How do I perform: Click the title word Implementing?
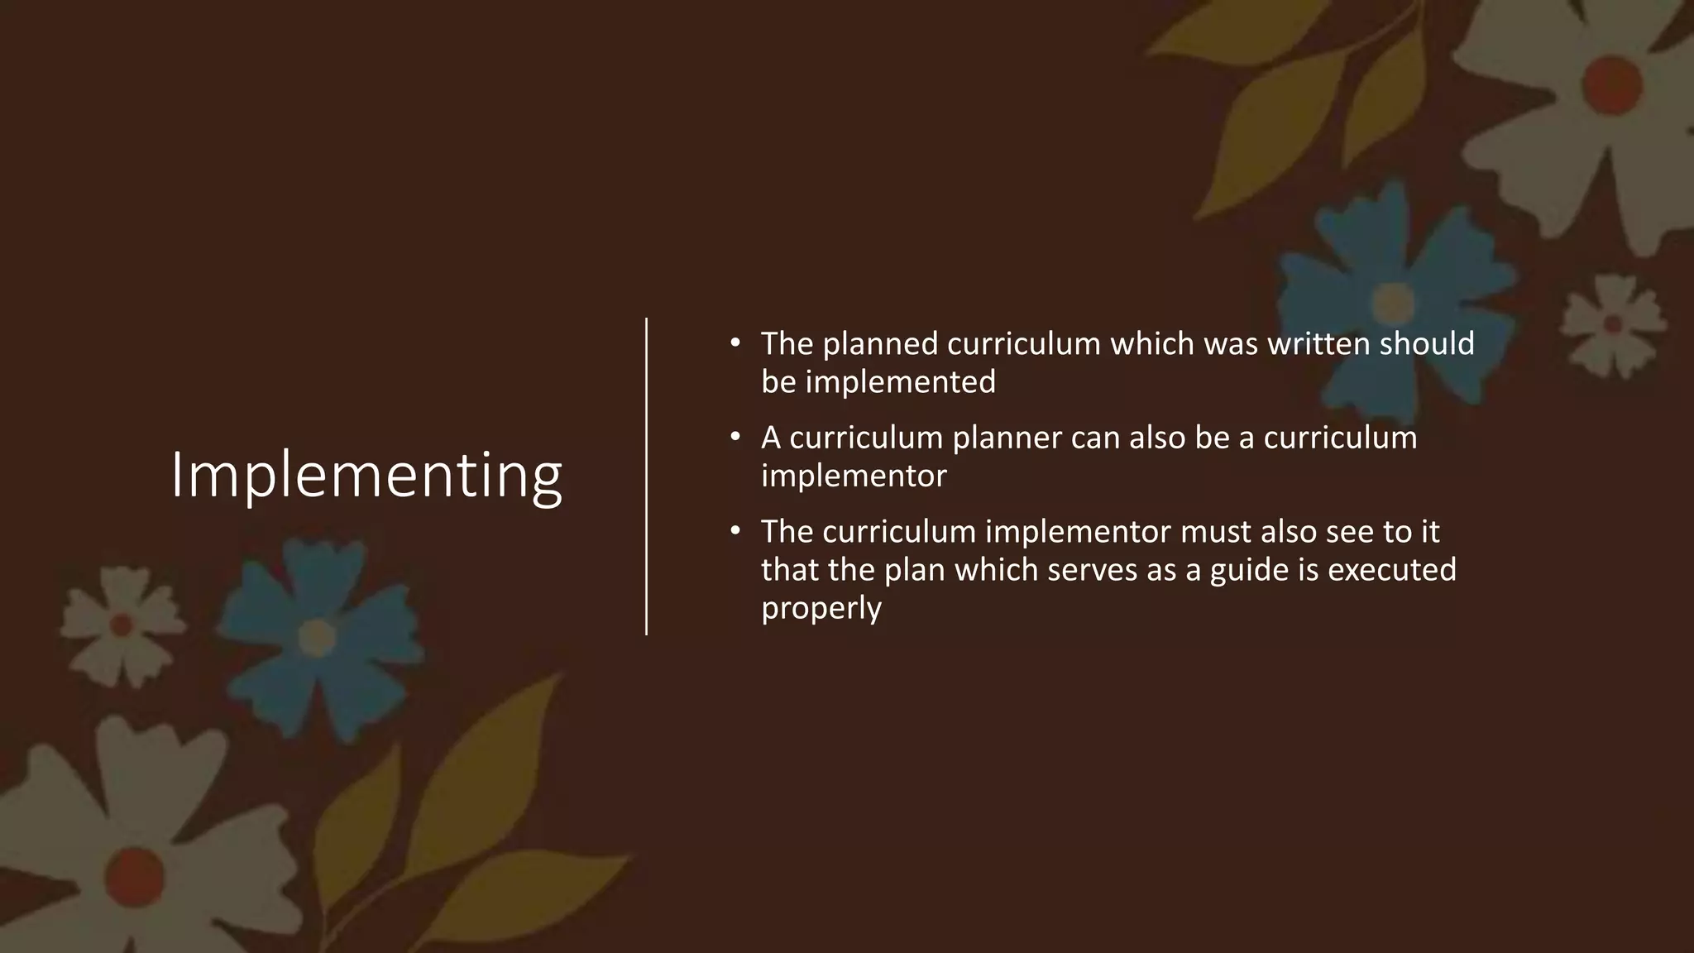(x=366, y=476)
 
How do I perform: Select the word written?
(x=1318, y=344)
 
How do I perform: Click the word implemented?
(x=901, y=382)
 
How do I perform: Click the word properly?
(x=821, y=609)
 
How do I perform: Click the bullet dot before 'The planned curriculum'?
(x=734, y=342)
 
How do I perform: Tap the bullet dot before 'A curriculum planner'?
(x=734, y=437)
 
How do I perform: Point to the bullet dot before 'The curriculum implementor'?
(x=734, y=530)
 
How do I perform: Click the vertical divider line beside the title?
(x=646, y=476)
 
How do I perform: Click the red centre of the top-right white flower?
(x=1612, y=83)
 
